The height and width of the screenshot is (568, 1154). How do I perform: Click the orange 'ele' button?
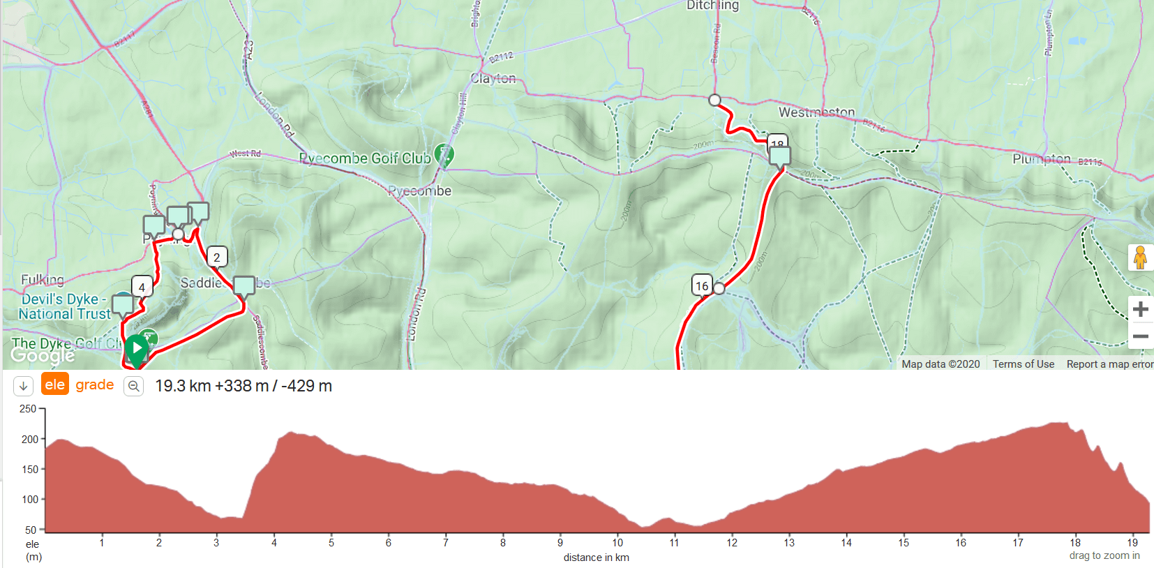point(55,384)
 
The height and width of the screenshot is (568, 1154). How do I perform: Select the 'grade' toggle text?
point(95,384)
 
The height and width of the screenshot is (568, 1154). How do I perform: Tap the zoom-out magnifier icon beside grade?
point(133,386)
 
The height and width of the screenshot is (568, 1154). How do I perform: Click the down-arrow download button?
point(23,386)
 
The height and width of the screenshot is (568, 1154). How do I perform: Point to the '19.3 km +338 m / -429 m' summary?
point(243,386)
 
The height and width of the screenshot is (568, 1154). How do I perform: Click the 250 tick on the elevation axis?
point(29,409)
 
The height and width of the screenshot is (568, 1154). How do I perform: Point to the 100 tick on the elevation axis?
point(30,500)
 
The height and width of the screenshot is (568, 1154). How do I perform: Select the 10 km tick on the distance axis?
point(617,543)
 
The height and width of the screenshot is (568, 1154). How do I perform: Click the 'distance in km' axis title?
point(597,558)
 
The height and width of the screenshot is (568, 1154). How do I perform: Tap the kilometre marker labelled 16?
point(702,285)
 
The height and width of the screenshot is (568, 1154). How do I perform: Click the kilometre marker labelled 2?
point(217,257)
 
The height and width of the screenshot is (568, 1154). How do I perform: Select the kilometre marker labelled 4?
point(142,287)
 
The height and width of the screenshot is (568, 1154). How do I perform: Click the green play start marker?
point(136,347)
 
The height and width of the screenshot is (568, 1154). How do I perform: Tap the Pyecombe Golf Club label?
point(365,158)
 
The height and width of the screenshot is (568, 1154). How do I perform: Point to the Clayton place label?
point(493,78)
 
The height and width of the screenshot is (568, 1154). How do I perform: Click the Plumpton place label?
point(1041,159)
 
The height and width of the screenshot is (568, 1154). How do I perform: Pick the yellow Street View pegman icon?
point(1140,257)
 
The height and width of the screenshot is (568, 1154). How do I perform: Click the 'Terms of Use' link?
point(1024,364)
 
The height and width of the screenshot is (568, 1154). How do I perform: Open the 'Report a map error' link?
point(1109,364)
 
